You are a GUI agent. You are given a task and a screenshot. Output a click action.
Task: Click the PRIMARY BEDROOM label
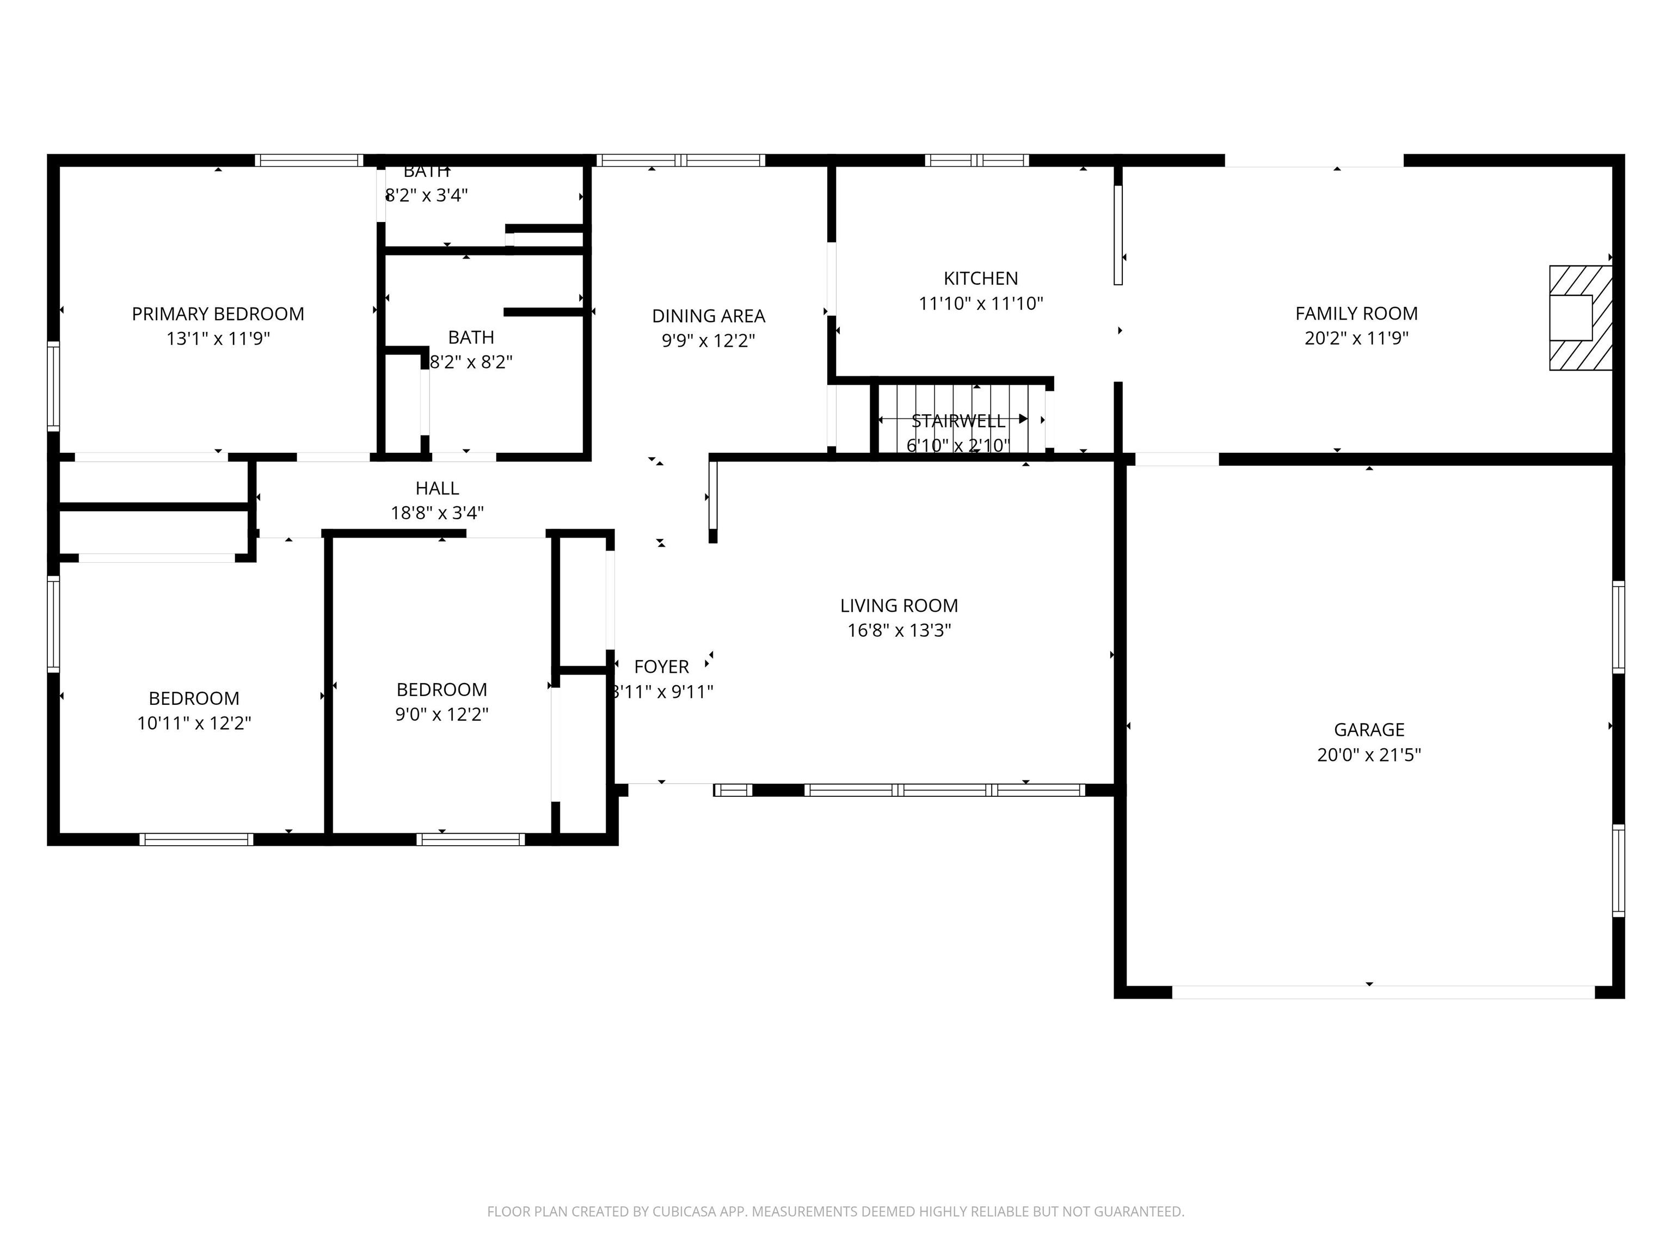(218, 313)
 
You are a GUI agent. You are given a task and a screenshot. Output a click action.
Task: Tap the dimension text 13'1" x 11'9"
(218, 339)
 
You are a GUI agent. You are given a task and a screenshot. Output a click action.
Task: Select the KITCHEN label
(980, 278)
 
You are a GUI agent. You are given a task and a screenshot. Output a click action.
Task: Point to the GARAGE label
(1368, 729)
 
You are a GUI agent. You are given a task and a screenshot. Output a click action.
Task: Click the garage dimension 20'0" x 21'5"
(1368, 754)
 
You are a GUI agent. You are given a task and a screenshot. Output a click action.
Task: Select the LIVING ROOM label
(899, 605)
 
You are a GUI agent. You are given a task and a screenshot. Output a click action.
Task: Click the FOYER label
(661, 667)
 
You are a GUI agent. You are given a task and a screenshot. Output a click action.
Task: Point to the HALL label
(437, 488)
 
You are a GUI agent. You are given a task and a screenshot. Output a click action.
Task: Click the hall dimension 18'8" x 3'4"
(437, 513)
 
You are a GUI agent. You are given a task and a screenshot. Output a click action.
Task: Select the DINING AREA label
(708, 316)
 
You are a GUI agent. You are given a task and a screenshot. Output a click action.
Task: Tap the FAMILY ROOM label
(1356, 313)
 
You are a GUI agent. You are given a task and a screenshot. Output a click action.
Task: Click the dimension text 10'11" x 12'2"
(194, 723)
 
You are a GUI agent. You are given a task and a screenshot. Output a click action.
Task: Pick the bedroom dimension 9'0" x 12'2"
(441, 714)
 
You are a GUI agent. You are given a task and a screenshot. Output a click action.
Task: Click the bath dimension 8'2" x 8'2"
(471, 362)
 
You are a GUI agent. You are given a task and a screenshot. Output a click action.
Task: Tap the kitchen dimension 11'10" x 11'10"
(980, 303)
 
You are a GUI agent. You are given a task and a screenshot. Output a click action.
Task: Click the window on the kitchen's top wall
(976, 160)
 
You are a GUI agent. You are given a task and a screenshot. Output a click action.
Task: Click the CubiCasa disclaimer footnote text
(835, 1212)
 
